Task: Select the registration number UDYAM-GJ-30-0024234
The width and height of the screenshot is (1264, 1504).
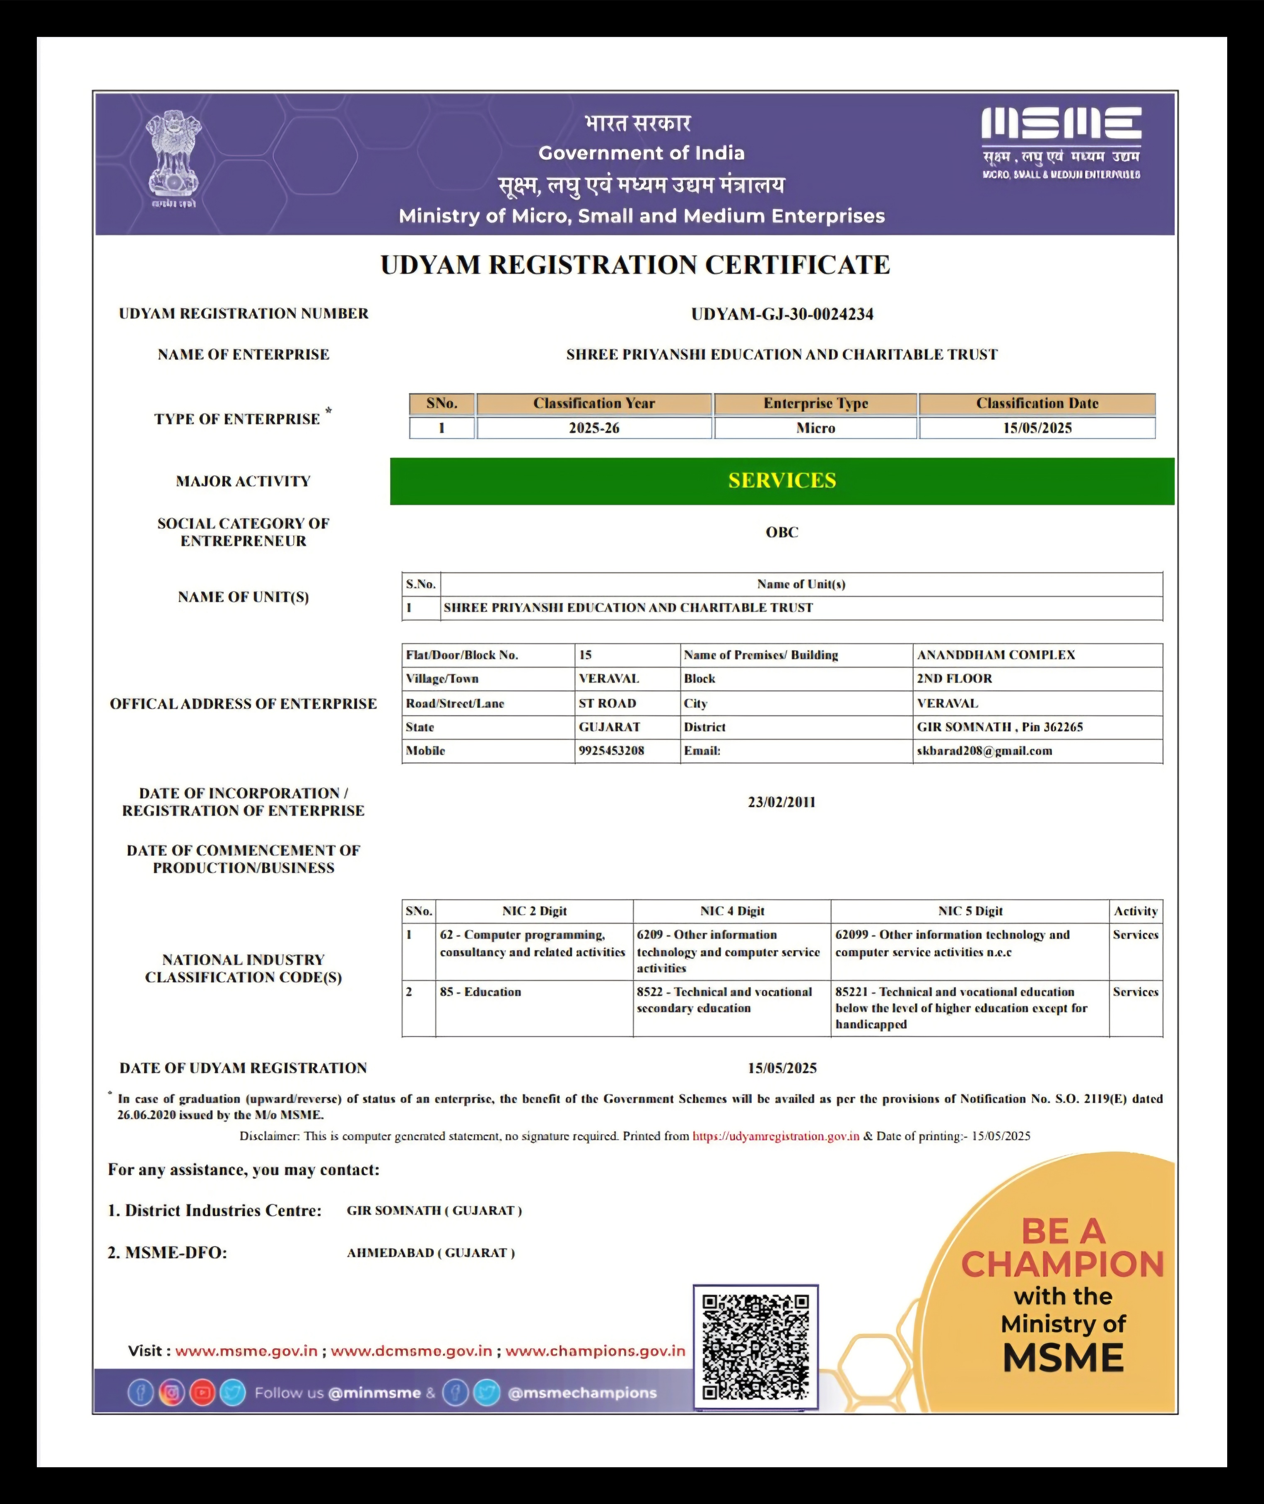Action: (782, 314)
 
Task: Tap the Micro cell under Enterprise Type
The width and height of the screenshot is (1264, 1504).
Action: (815, 428)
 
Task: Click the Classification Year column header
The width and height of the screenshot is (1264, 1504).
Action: (594, 403)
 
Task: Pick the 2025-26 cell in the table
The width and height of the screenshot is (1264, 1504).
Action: (594, 428)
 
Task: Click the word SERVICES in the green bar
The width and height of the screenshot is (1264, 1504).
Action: (782, 480)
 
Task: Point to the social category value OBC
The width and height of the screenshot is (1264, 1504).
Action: (782, 532)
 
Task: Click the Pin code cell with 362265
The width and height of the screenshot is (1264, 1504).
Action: (1000, 727)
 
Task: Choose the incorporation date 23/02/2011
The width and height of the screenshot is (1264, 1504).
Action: (782, 802)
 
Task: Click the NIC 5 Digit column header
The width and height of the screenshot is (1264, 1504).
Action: (970, 911)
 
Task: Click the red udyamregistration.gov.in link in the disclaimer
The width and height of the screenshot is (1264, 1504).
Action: (775, 1136)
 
